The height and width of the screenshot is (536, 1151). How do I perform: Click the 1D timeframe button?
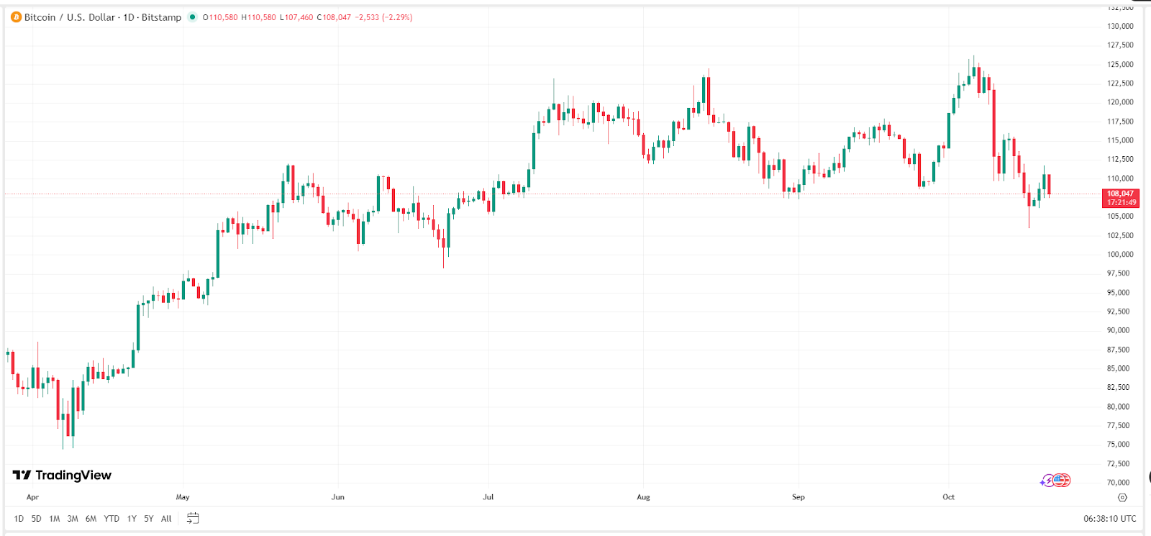(19, 519)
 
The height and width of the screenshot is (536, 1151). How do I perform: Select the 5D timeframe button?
(36, 519)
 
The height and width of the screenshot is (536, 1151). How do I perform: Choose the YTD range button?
(112, 519)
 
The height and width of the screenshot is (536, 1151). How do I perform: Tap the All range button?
(166, 519)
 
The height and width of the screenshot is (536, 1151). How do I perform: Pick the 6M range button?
(91, 519)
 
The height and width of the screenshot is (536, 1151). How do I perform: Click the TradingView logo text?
(63, 475)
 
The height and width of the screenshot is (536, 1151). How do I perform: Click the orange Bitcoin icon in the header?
(16, 17)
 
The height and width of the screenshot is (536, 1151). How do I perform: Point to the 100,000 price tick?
(1119, 254)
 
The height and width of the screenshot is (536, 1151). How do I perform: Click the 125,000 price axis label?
(1119, 64)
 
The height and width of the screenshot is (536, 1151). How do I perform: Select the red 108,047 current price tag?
(1120, 198)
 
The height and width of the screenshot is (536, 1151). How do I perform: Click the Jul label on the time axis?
(488, 497)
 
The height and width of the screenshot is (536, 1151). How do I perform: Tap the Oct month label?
(948, 497)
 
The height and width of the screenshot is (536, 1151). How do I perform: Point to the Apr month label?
(32, 497)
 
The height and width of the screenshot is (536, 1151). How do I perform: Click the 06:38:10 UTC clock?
(1109, 519)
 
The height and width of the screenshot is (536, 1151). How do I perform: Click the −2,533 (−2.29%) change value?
(383, 17)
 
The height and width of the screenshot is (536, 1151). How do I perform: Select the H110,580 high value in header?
(258, 17)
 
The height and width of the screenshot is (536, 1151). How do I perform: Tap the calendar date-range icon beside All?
(193, 519)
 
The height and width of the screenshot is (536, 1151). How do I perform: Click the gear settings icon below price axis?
(1122, 497)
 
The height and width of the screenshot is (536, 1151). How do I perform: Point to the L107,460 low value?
(296, 17)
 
